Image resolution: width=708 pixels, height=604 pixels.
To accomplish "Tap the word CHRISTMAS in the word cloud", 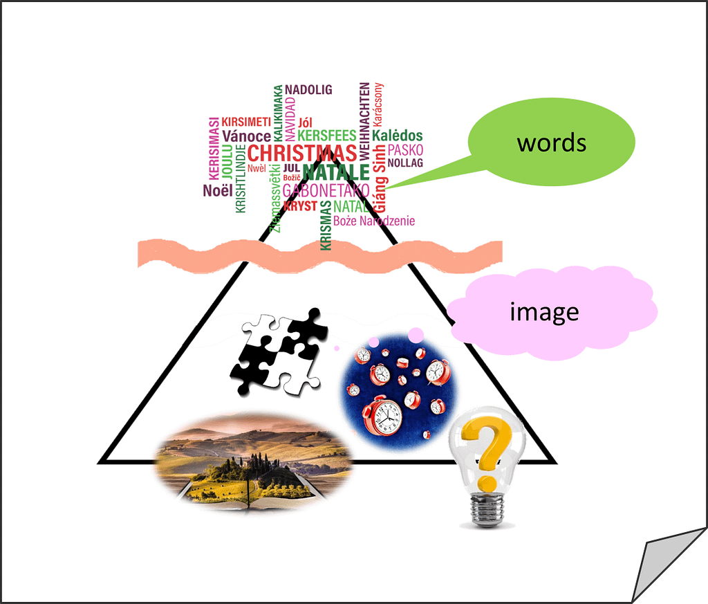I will coord(301,153).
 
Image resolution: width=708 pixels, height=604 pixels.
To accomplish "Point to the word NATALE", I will coord(335,172).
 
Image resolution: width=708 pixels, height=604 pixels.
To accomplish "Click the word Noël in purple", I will coord(218,191).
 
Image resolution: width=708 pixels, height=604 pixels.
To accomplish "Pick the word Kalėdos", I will coord(397,136).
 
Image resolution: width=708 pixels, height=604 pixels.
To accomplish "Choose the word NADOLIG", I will coord(308,90).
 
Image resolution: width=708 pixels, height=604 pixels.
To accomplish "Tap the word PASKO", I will coord(405,150).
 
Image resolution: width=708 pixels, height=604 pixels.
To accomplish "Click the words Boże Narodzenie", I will coord(374,221).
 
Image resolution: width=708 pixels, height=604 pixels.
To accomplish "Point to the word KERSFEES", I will coord(326,136).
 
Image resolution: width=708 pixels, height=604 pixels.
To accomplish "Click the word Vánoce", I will coord(246,136).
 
